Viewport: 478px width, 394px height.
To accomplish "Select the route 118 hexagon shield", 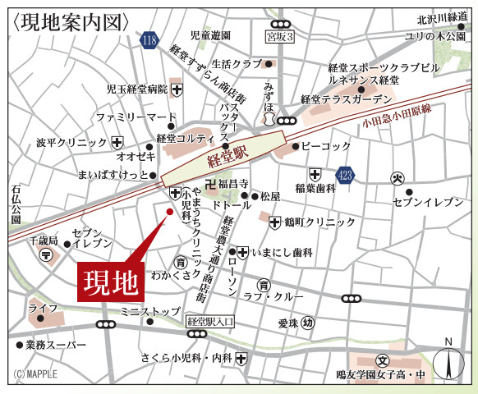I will [x=149, y=40].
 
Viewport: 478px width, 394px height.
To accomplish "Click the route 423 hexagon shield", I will [x=345, y=175].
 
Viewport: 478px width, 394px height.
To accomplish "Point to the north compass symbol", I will [x=448, y=361].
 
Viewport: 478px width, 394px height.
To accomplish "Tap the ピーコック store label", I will [x=326, y=145].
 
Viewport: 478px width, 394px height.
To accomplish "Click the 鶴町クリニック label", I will [x=319, y=222].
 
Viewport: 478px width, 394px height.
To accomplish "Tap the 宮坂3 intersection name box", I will [x=280, y=37].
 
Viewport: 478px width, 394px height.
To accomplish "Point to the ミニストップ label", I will [x=149, y=312].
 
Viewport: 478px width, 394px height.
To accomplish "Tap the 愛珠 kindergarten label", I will [x=287, y=323].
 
